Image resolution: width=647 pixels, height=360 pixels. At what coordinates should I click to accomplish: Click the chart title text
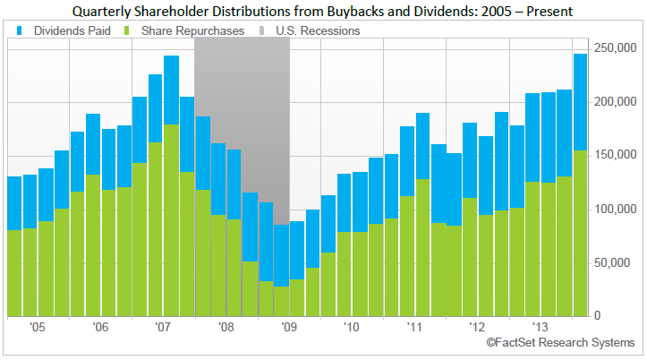[x=324, y=11]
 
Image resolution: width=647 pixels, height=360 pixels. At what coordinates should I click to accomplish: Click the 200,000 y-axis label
[x=617, y=102]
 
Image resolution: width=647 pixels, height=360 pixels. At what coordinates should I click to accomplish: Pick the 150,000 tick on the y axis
[x=617, y=156]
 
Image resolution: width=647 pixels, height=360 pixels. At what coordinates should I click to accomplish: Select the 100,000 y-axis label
[x=617, y=210]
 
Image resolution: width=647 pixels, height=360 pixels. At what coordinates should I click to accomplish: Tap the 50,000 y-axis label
[x=619, y=263]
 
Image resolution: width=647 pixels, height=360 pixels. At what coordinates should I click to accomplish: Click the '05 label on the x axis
[x=38, y=328]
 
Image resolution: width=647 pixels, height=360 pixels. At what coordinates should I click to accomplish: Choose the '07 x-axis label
[x=162, y=328]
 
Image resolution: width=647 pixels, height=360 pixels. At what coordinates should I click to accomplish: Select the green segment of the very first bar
[x=14, y=273]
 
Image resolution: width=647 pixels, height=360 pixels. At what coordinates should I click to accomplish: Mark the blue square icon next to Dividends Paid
[x=20, y=30]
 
